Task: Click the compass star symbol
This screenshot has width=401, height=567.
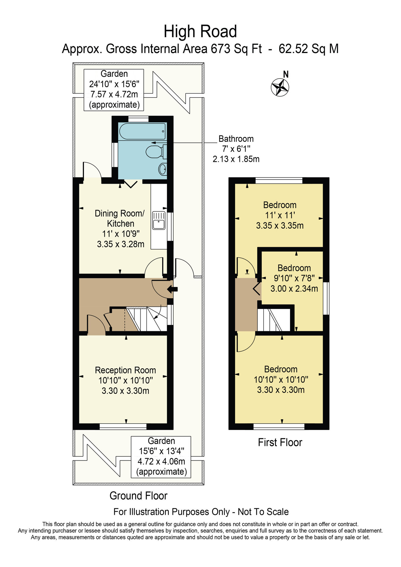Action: [x=280, y=87]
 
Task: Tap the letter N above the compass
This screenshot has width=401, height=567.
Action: [x=286, y=74]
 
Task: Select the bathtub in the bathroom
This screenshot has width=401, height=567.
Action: [x=142, y=131]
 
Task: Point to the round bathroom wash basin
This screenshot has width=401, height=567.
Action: [x=163, y=170]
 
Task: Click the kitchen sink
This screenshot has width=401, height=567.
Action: [x=159, y=220]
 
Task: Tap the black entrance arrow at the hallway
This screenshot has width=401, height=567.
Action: [x=172, y=289]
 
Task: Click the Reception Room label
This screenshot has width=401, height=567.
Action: [x=125, y=370]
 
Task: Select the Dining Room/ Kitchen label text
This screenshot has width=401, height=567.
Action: [x=120, y=218]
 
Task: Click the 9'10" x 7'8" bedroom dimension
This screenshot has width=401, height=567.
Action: [x=294, y=278]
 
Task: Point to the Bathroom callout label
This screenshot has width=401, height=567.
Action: [x=236, y=139]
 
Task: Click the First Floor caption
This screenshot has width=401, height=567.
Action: [x=280, y=442]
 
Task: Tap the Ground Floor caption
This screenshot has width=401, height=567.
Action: [x=138, y=496]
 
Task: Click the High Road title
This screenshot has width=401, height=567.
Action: [x=200, y=31]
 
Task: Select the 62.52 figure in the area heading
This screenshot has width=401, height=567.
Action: [x=293, y=49]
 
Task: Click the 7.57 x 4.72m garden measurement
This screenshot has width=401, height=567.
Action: [x=114, y=94]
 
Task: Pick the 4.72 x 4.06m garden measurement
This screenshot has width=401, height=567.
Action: [x=161, y=461]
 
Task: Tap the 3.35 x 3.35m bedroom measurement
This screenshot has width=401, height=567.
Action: [x=280, y=226]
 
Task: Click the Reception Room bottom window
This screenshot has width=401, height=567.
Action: [x=123, y=426]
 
